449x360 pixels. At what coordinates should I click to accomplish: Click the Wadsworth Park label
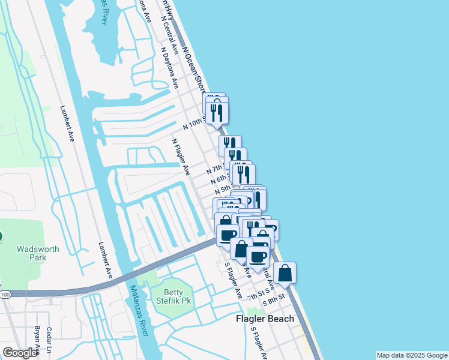pyautogui.click(x=31, y=253)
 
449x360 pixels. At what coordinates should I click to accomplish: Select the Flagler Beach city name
pyautogui.click(x=264, y=319)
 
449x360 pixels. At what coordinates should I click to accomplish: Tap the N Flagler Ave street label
pyautogui.click(x=181, y=157)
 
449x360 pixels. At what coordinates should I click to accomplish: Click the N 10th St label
pyautogui.click(x=194, y=124)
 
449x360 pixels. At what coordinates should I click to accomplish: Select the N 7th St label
pyautogui.click(x=215, y=169)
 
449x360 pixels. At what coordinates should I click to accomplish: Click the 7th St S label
pyautogui.click(x=256, y=295)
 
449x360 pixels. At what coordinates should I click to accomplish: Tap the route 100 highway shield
pyautogui.click(x=5, y=294)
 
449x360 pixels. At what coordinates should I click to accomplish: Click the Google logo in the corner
pyautogui.click(x=20, y=353)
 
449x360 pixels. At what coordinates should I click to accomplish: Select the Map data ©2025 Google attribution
pyautogui.click(x=412, y=355)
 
